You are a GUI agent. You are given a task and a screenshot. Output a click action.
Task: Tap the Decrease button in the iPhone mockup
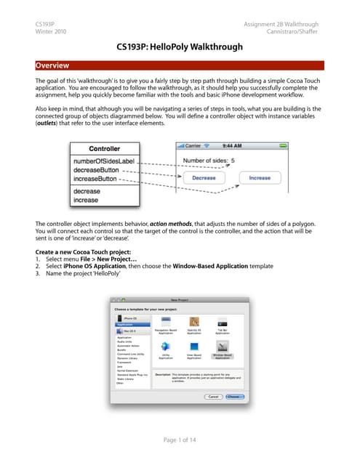pos(204,177)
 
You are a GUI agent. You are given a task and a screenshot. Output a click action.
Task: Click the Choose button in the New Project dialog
pos(234,397)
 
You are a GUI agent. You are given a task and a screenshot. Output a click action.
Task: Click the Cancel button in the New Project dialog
pos(213,397)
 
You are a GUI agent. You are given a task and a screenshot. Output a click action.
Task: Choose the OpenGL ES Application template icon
pos(194,323)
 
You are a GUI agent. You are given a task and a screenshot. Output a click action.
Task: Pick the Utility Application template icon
pos(167,349)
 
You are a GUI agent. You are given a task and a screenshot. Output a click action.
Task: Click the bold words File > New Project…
pos(101,258)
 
